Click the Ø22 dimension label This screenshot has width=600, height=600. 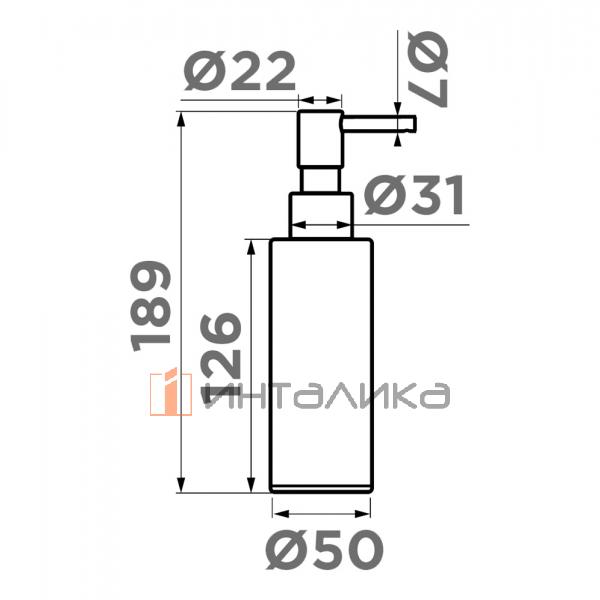pos(240,72)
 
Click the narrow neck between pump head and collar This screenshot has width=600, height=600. pos(321,180)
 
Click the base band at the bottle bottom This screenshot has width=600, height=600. pos(321,487)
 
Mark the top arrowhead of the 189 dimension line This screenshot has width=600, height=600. pos(181,118)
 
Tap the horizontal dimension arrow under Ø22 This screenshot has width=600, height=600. pos(320,100)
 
